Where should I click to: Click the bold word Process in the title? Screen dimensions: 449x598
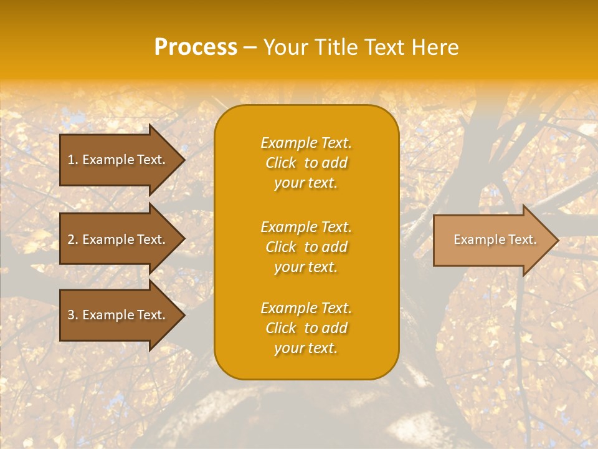coord(196,47)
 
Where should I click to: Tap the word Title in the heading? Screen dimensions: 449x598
coord(334,47)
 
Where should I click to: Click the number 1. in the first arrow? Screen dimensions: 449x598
coord(73,160)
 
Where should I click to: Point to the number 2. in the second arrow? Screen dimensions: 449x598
coord(73,239)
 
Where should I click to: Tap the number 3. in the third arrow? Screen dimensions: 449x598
coord(73,315)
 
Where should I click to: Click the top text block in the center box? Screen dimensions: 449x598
coord(306,163)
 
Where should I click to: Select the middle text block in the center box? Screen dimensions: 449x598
coord(306,247)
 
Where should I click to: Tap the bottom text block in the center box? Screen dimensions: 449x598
coord(306,328)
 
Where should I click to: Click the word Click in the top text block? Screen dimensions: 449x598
coord(281,163)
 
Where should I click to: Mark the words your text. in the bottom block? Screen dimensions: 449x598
coord(306,348)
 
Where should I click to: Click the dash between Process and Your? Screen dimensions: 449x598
coord(250,47)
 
